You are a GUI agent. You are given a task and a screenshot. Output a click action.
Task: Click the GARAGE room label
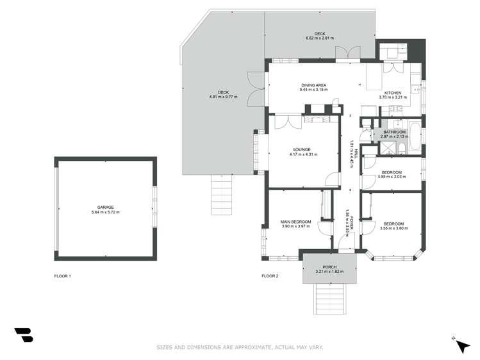pyautogui.click(x=105, y=207)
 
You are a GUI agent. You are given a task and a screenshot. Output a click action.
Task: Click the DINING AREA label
pyautogui.click(x=313, y=85)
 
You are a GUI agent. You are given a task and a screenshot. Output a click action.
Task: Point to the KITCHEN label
pyautogui.click(x=393, y=93)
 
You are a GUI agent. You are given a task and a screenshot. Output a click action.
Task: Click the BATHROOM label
pyautogui.click(x=394, y=131)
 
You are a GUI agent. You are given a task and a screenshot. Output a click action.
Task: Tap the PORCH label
pyautogui.click(x=329, y=266)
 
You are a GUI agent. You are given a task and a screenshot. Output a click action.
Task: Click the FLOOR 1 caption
pyautogui.click(x=62, y=276)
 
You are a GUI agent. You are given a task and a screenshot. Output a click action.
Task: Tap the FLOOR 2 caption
pyautogui.click(x=270, y=276)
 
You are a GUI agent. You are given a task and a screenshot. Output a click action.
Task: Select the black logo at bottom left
pyautogui.click(x=23, y=335)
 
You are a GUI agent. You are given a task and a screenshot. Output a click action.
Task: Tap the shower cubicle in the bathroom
pyautogui.click(x=387, y=148)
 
